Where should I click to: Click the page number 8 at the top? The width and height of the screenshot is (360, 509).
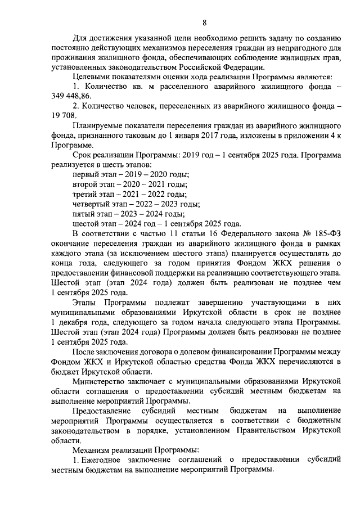click(x=204, y=22)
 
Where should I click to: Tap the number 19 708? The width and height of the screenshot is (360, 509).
click(x=64, y=116)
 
